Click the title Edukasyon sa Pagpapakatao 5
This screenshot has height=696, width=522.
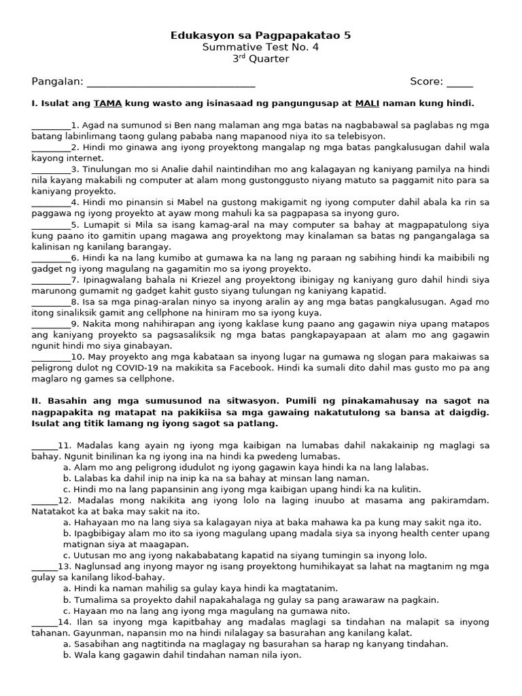(x=261, y=35)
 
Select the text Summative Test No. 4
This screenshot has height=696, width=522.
(x=261, y=47)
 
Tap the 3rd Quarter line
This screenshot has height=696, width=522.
(x=261, y=59)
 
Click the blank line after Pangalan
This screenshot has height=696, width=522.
(x=171, y=83)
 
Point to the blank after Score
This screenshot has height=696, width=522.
(x=459, y=83)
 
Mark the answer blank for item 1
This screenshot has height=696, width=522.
(x=51, y=126)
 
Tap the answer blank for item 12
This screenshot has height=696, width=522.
(x=44, y=500)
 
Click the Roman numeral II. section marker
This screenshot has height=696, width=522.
(x=36, y=401)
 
